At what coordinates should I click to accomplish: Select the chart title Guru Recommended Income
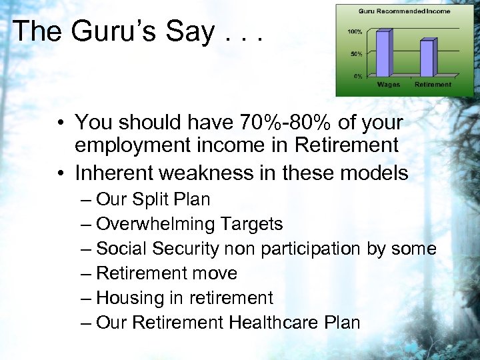tap(404, 11)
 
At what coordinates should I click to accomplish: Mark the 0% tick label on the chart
tap(357, 75)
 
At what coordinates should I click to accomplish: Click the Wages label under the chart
tap(388, 85)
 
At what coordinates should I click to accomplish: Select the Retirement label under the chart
tap(433, 85)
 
